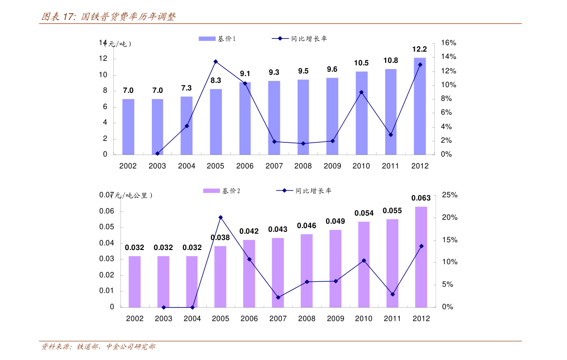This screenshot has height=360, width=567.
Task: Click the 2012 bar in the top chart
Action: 419,106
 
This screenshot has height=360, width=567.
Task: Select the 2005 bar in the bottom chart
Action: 220,276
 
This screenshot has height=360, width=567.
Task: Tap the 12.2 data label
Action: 419,49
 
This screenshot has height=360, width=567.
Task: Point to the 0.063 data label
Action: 421,198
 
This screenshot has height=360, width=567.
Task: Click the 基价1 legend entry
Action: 218,39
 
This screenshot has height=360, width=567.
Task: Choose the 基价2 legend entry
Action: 222,191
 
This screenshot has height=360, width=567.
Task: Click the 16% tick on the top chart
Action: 448,43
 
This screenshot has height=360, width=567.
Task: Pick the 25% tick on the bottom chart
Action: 449,195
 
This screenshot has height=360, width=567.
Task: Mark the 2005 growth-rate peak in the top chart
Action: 216,61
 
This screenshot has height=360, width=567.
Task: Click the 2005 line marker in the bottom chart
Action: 220,218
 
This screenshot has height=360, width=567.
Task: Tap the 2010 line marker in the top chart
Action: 361,92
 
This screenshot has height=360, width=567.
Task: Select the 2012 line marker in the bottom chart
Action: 421,246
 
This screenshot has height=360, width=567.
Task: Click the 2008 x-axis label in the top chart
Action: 303,166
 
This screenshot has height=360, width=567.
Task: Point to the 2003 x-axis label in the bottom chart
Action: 163,319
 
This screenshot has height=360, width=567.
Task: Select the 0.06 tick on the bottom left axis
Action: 107,211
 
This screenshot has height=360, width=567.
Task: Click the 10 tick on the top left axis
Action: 103,75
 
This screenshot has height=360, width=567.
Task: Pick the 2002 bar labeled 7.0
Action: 128,127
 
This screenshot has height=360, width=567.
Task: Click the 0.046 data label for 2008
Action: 307,226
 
